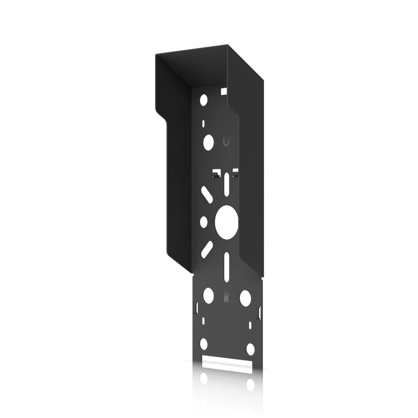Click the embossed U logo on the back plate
(x=226, y=142)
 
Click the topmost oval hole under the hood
(x=204, y=100)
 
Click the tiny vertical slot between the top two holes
(x=204, y=124)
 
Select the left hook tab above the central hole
(x=217, y=173)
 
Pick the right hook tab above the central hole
(x=235, y=171)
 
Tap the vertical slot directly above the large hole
(x=226, y=184)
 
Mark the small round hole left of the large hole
(x=204, y=221)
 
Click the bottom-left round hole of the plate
(x=204, y=344)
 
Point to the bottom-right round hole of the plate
(x=250, y=348)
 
